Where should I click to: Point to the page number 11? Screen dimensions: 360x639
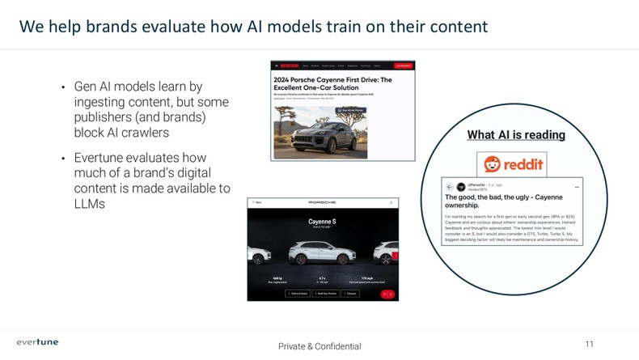tap(589, 345)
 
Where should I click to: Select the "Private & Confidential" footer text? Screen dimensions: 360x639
tap(319, 346)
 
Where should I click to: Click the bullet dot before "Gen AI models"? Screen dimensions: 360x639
tap(63, 87)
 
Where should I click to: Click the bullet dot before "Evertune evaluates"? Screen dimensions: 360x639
tap(63, 159)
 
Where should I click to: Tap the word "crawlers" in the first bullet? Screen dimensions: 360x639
tap(142, 133)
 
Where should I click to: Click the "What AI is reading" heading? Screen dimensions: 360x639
tap(516, 135)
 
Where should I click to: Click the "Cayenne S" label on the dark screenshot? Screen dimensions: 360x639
tap(323, 221)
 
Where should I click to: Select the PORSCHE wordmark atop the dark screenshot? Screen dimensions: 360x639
tap(322, 202)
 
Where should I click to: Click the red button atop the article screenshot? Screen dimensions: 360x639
tap(402, 66)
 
